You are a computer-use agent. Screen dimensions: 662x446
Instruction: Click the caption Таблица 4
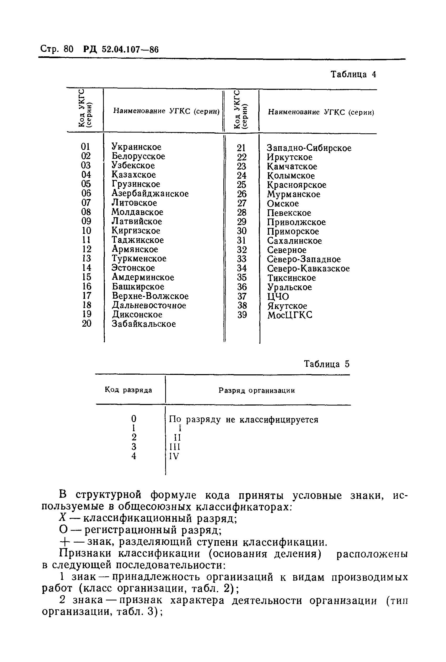coord(353,74)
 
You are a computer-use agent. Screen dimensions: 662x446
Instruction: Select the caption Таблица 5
coord(326,364)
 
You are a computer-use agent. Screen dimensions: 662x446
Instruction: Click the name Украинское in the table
coord(136,147)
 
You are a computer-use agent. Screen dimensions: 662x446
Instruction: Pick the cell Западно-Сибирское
coord(309,148)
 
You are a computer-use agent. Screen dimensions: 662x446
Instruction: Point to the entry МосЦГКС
coord(289,315)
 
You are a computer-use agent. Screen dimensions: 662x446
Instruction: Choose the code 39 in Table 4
coord(242,315)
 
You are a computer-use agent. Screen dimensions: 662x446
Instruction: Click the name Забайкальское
coord(144,324)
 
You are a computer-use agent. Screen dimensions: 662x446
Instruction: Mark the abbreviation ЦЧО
coord(278,296)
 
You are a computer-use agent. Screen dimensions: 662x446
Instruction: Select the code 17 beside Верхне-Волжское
coord(87,296)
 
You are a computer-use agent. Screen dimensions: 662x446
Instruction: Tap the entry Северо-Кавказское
coord(308,269)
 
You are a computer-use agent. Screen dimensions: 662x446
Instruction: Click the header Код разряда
coord(128,390)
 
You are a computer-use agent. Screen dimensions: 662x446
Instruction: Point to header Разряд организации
coord(257,391)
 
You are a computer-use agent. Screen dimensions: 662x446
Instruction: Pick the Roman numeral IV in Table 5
coord(174,456)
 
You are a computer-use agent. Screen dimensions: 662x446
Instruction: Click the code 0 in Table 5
coord(134,419)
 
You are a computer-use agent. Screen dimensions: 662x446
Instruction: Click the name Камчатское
coord(292,167)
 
